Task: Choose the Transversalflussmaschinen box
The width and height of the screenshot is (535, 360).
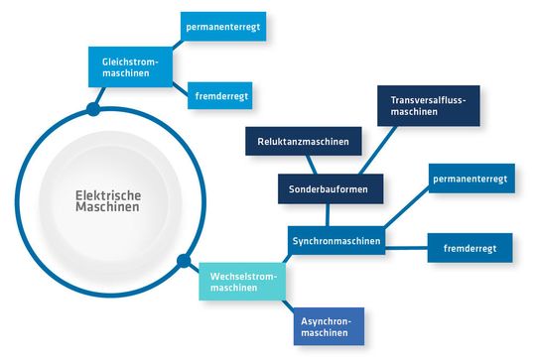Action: tap(428, 105)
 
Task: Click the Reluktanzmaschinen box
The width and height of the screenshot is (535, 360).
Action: tap(304, 142)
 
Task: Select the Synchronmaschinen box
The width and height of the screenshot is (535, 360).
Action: tap(337, 241)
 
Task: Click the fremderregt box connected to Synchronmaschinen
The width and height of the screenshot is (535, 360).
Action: tap(469, 247)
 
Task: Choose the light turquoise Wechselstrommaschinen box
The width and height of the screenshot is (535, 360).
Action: tap(241, 282)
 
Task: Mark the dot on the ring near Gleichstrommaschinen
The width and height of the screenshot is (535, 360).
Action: tap(93, 107)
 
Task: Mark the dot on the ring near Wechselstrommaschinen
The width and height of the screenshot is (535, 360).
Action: tap(183, 263)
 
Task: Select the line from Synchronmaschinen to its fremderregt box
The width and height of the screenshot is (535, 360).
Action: tap(407, 244)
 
